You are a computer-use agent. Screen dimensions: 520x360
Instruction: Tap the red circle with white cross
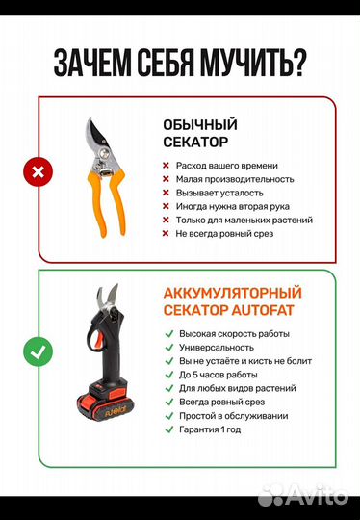tap(39, 173)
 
